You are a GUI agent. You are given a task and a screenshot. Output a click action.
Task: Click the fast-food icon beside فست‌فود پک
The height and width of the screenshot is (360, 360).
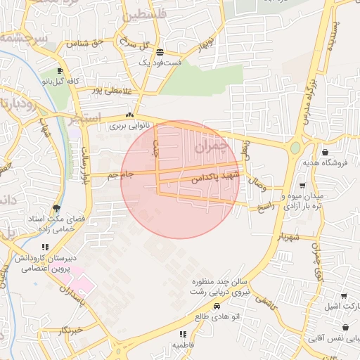[160, 52]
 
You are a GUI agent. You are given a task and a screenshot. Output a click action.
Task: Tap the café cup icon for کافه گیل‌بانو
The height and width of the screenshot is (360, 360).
[60, 71]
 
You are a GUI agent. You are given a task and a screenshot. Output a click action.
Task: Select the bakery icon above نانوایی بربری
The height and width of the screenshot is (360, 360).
[129, 116]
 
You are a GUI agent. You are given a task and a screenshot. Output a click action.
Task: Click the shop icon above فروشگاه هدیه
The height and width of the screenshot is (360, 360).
[324, 153]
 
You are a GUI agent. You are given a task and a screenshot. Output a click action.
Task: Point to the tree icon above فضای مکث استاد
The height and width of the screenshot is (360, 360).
[56, 208]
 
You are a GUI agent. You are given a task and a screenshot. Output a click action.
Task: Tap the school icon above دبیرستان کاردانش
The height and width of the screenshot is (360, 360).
[46, 247]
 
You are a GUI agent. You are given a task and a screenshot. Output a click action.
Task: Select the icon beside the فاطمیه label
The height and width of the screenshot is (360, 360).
[183, 334]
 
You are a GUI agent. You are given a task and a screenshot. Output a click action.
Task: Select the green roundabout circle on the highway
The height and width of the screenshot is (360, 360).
[295, 148]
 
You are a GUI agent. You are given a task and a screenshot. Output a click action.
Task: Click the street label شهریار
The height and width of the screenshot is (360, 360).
[292, 238]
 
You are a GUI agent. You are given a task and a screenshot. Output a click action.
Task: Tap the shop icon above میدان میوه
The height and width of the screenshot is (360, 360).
[302, 186]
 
